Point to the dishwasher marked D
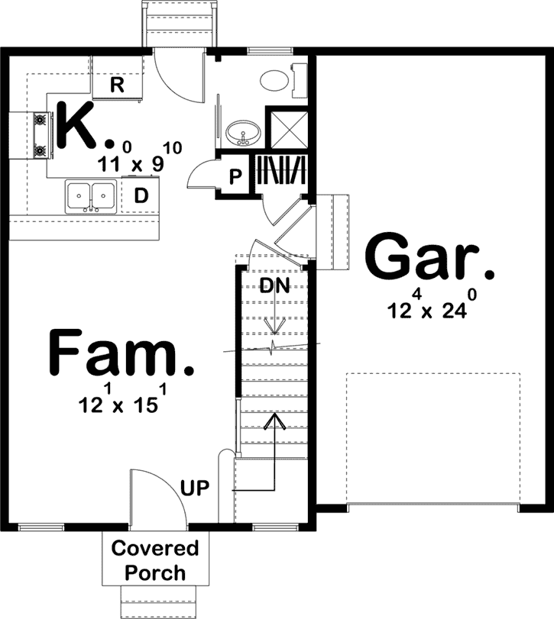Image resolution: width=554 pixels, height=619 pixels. coord(141,195)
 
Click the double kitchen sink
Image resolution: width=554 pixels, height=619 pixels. coord(91,195)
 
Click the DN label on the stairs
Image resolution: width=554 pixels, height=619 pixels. coord(273,286)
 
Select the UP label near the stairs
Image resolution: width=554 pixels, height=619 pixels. coord(195,487)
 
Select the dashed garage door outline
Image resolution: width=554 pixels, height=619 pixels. coord(433,438)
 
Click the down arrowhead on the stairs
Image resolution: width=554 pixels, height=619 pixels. coord(274,328)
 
